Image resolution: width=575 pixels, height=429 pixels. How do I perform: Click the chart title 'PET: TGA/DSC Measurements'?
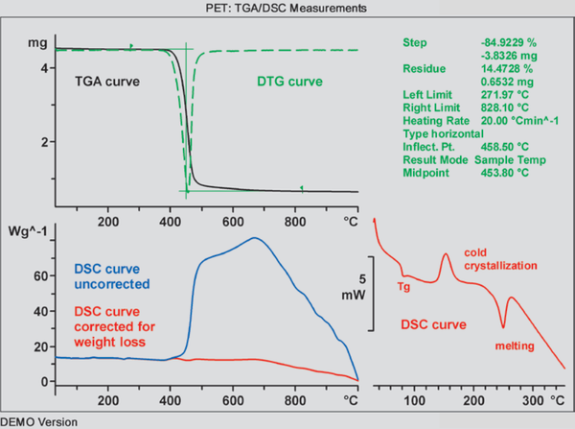click(287, 9)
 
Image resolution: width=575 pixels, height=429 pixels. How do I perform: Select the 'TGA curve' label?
click(108, 82)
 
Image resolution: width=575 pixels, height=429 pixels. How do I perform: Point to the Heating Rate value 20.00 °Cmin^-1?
click(523, 121)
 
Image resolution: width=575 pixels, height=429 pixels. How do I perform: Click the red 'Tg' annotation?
click(404, 285)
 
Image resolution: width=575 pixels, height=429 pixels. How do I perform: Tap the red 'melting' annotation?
click(515, 345)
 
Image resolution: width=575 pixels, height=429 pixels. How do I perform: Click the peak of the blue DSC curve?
click(254, 238)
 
